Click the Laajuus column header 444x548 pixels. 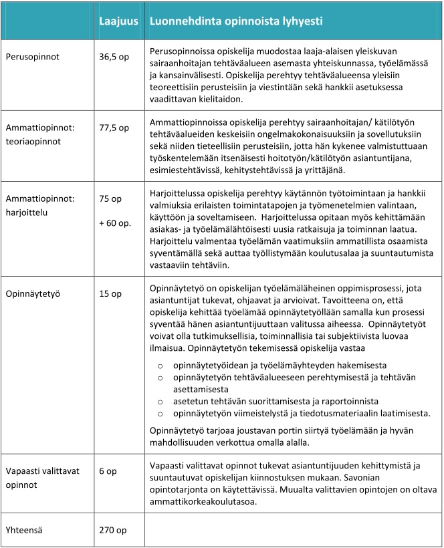(x=118, y=21)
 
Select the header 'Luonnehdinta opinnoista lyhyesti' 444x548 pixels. (x=237, y=21)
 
